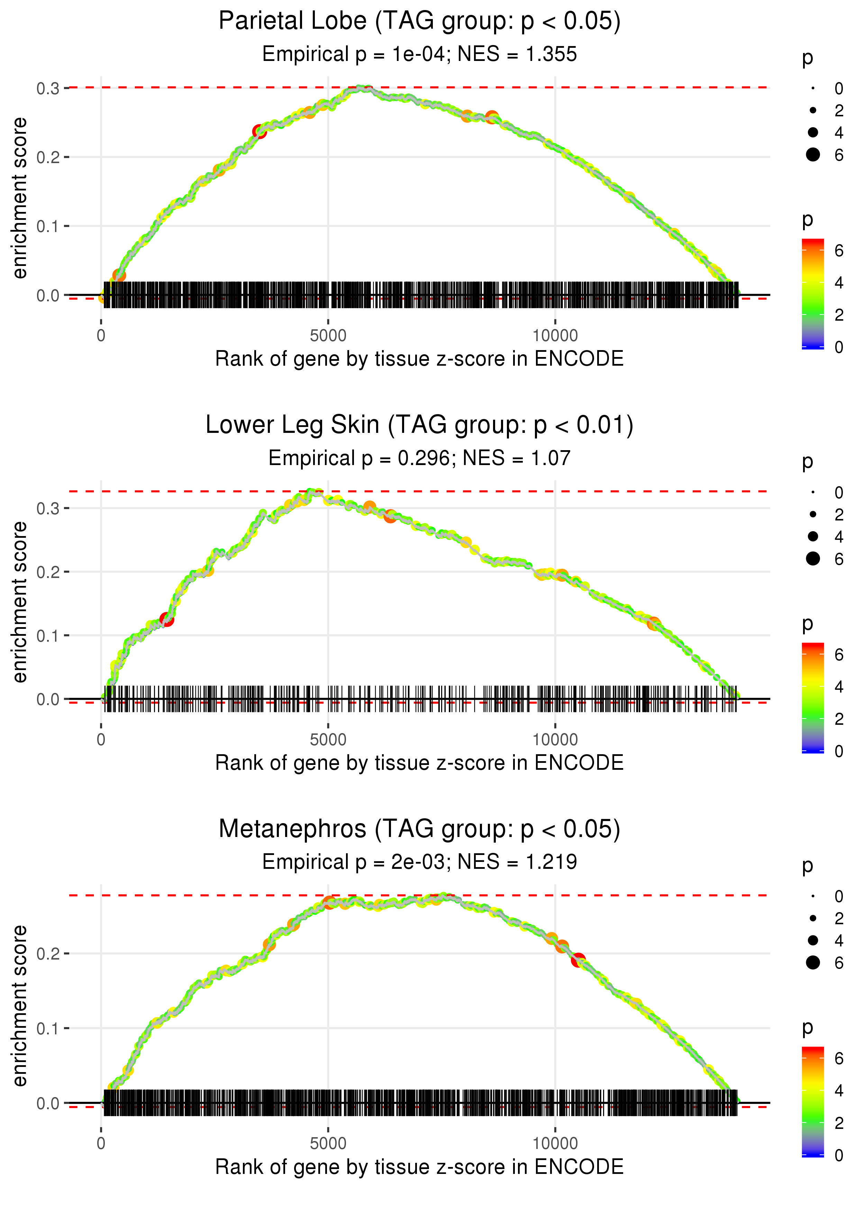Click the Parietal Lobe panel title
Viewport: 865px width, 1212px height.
click(x=419, y=21)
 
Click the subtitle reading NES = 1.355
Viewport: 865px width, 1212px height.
click(x=419, y=54)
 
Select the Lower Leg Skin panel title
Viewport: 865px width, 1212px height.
click(x=419, y=425)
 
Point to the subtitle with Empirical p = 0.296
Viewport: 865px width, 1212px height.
click(x=419, y=458)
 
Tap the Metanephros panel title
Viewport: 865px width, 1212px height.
click(x=419, y=829)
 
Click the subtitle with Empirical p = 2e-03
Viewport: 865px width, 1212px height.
click(x=419, y=862)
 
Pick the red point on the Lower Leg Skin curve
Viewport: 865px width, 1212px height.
click(x=167, y=619)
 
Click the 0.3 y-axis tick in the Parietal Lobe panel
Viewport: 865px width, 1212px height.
click(x=48, y=88)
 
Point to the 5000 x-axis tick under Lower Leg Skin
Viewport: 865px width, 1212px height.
click(x=328, y=740)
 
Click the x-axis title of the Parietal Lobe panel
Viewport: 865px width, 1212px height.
click(x=419, y=359)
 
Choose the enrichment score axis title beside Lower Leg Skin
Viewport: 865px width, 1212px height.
click(x=20, y=602)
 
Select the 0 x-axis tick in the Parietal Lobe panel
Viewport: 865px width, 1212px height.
click(x=101, y=336)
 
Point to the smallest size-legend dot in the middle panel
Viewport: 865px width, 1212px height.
click(x=813, y=492)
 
